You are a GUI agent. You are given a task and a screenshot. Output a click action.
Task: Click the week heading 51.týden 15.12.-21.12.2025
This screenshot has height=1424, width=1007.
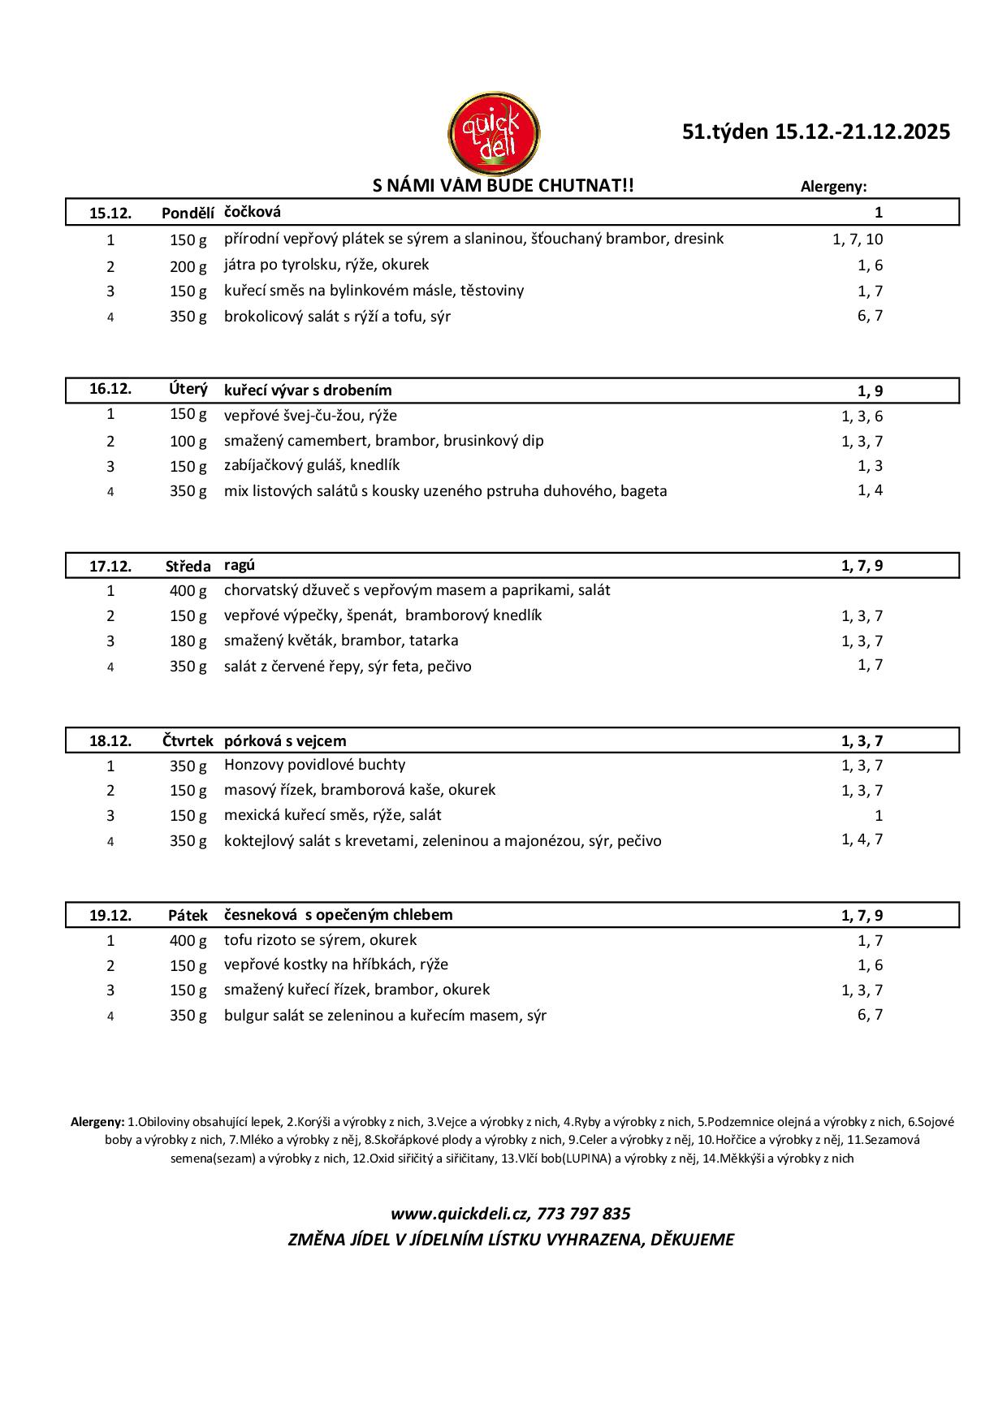(816, 132)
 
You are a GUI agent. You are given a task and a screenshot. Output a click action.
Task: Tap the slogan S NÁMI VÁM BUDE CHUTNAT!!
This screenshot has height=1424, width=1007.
(503, 186)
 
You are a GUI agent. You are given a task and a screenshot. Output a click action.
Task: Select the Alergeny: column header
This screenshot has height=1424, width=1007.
(833, 187)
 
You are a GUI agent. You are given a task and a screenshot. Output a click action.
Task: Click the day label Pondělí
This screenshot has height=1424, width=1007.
(188, 214)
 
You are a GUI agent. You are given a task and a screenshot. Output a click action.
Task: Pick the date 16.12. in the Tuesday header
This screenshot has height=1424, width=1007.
(110, 389)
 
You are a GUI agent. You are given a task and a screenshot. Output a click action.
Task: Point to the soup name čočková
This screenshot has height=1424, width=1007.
(253, 212)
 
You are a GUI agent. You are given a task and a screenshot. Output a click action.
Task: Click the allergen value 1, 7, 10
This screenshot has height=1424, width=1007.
(858, 239)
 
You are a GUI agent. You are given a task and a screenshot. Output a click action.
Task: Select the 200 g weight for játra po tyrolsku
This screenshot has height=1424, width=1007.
(188, 266)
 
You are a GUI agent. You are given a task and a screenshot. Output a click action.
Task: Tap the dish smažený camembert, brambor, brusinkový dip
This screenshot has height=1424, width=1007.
(384, 441)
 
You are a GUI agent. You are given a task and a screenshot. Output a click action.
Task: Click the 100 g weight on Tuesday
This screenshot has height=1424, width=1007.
(188, 442)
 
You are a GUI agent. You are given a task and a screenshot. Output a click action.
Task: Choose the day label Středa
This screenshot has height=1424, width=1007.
(188, 567)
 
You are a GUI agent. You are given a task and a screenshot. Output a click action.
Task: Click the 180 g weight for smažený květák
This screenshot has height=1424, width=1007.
(188, 641)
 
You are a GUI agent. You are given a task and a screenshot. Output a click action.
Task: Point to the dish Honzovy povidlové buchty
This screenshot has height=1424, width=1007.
(315, 765)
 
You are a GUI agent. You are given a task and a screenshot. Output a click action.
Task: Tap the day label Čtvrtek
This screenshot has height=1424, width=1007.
(188, 741)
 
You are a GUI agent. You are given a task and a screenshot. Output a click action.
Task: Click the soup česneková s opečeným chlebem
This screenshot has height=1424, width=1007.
(339, 915)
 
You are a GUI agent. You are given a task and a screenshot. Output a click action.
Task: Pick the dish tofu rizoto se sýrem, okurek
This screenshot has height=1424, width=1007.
(320, 940)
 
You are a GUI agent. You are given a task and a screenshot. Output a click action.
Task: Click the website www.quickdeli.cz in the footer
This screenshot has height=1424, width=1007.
(459, 1215)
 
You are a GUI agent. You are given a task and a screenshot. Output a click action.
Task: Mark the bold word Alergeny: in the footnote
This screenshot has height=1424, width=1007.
(97, 1122)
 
